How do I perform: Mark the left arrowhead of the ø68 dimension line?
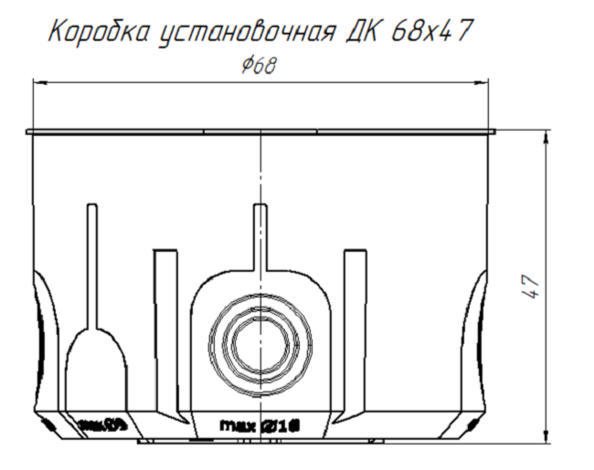tap(38, 83)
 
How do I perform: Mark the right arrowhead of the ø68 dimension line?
tap(483, 83)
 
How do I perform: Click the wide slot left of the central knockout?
tap(164, 319)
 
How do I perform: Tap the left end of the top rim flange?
tap(29, 133)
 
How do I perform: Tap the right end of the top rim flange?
tap(493, 133)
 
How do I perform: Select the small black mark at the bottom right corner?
tap(472, 426)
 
